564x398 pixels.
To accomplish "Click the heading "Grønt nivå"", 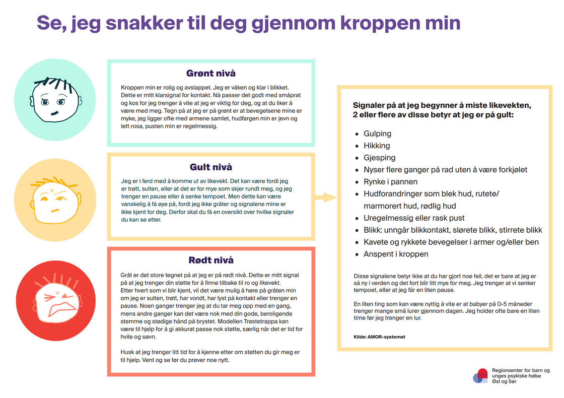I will coord(211,74).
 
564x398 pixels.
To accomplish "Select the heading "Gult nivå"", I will coord(211,167).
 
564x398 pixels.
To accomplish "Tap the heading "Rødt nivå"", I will coord(211,260).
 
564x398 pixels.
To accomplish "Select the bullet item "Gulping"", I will coord(377,134).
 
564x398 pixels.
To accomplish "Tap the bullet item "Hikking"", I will coord(377,146).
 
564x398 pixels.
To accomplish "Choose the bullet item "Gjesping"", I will coord(379,158).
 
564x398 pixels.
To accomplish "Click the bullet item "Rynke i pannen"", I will coord(390,181).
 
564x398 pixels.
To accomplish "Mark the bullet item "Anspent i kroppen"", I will coord(396,254).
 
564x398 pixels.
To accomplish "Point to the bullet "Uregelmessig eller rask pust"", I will coord(414,218).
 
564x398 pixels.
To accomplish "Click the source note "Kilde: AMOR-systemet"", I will coord(379,337).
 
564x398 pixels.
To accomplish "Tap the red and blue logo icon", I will coord(481,376).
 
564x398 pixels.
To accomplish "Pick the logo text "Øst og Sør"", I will coord(504,381).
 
